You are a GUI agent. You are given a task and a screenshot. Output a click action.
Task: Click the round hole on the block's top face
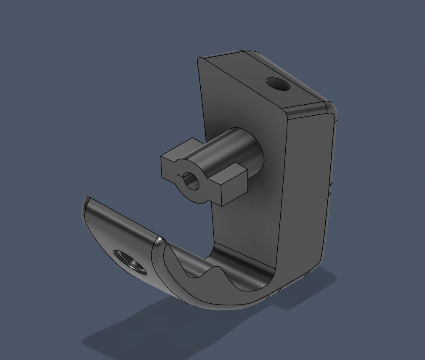[279, 85]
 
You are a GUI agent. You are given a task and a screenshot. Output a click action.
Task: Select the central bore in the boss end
[192, 181]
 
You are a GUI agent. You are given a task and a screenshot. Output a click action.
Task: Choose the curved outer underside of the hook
[219, 303]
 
